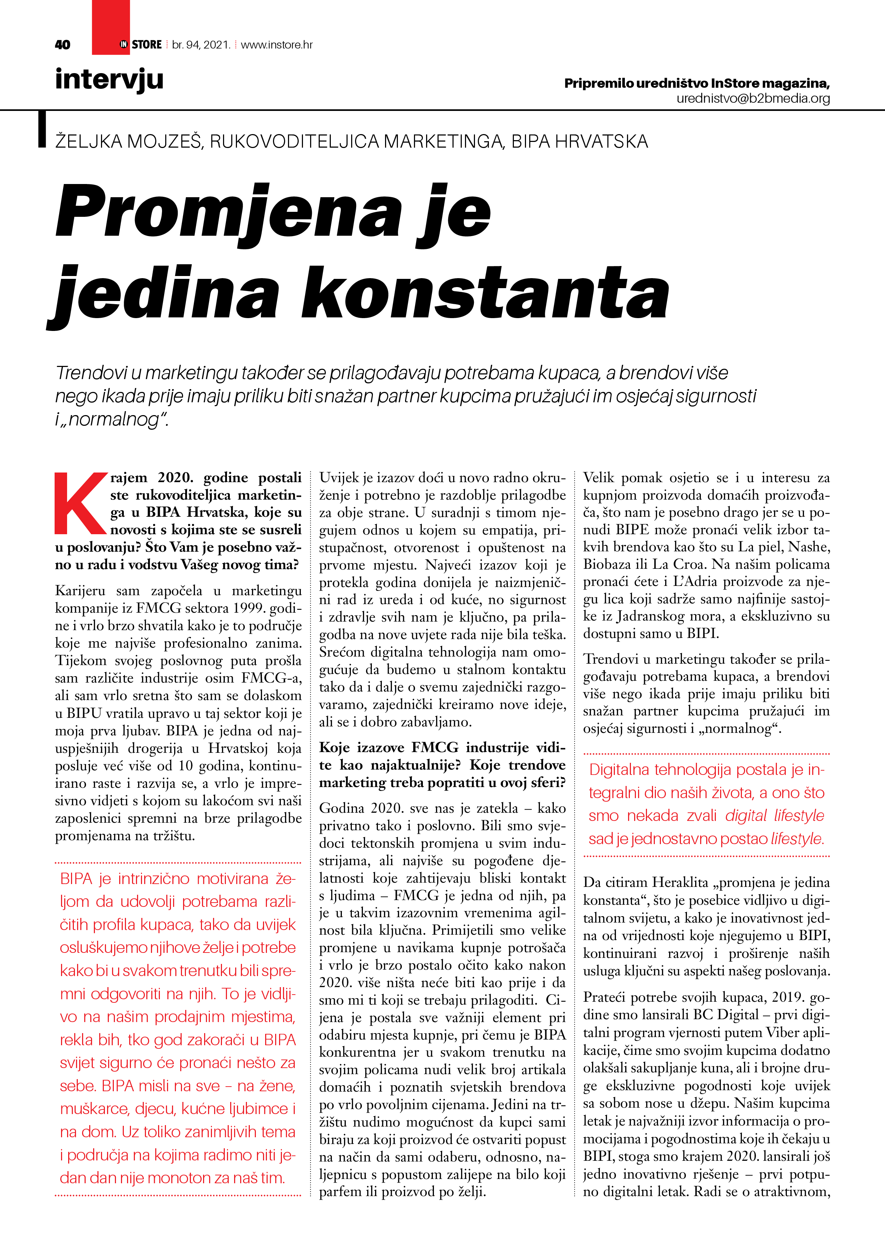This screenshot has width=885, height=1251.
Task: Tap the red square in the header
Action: (x=110, y=22)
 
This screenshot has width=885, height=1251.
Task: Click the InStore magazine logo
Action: (x=141, y=45)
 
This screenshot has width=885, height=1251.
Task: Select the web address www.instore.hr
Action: (x=277, y=45)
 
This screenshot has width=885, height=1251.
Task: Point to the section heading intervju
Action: (x=109, y=80)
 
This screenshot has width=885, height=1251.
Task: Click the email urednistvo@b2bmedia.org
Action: (x=753, y=99)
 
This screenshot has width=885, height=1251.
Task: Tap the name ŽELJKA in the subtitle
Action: (x=88, y=142)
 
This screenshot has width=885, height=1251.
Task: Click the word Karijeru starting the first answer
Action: (x=80, y=591)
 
